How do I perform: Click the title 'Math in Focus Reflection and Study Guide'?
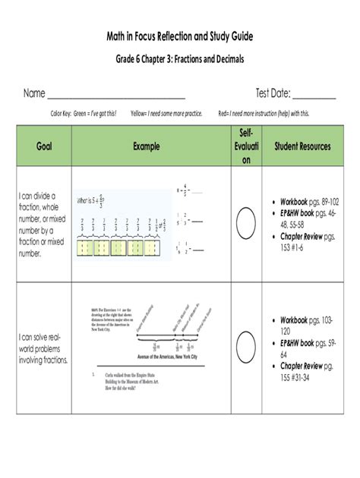pos(179,36)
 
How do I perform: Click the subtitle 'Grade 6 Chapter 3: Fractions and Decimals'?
pos(179,59)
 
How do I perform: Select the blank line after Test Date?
pos(314,96)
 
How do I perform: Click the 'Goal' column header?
pos(43,146)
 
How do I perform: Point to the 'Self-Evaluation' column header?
pos(245,146)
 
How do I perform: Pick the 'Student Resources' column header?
pos(302,146)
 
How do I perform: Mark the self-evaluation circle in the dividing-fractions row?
pos(245,225)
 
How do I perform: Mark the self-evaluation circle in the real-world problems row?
pos(245,347)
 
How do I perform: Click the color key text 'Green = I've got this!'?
pos(94,113)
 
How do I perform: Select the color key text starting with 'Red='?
pos(264,113)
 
